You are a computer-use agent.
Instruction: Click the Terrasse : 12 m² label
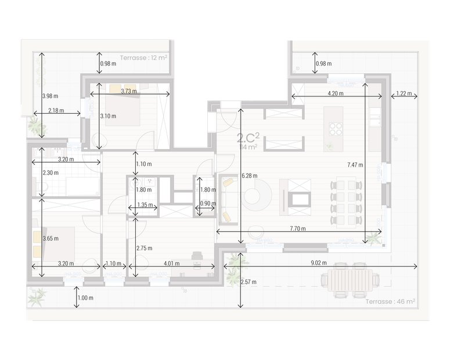pos(143,58)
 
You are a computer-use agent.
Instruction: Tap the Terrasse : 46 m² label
pos(390,302)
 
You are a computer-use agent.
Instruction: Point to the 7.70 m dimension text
pos(297,229)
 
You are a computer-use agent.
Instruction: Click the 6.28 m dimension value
pos(249,175)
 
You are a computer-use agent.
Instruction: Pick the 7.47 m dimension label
pos(355,165)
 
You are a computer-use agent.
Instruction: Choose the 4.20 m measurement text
pos(335,93)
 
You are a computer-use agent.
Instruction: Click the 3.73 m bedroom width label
pos(129,91)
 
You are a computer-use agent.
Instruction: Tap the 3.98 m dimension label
pos(51,96)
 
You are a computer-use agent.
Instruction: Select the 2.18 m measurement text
pos(56,110)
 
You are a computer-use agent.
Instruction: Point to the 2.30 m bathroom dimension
pos(51,172)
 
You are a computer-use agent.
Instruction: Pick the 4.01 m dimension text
pos(171,264)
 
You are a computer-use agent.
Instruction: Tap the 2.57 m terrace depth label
pos(249,282)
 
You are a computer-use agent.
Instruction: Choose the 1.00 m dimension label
pos(85,298)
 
